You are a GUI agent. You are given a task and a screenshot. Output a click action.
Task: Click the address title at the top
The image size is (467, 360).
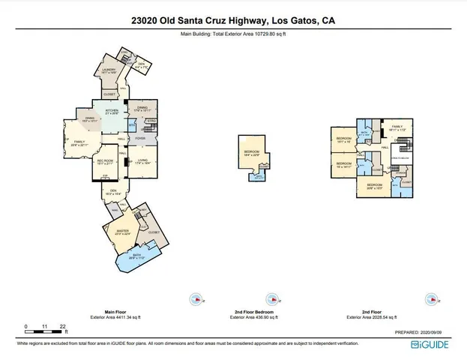tap(233, 21)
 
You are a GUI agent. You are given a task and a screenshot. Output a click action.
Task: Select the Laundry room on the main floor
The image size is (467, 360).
tap(108, 73)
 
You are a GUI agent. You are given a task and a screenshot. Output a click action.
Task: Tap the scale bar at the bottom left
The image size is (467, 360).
tap(45, 328)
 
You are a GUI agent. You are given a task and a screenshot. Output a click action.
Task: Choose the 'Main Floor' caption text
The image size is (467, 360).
tap(109, 310)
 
